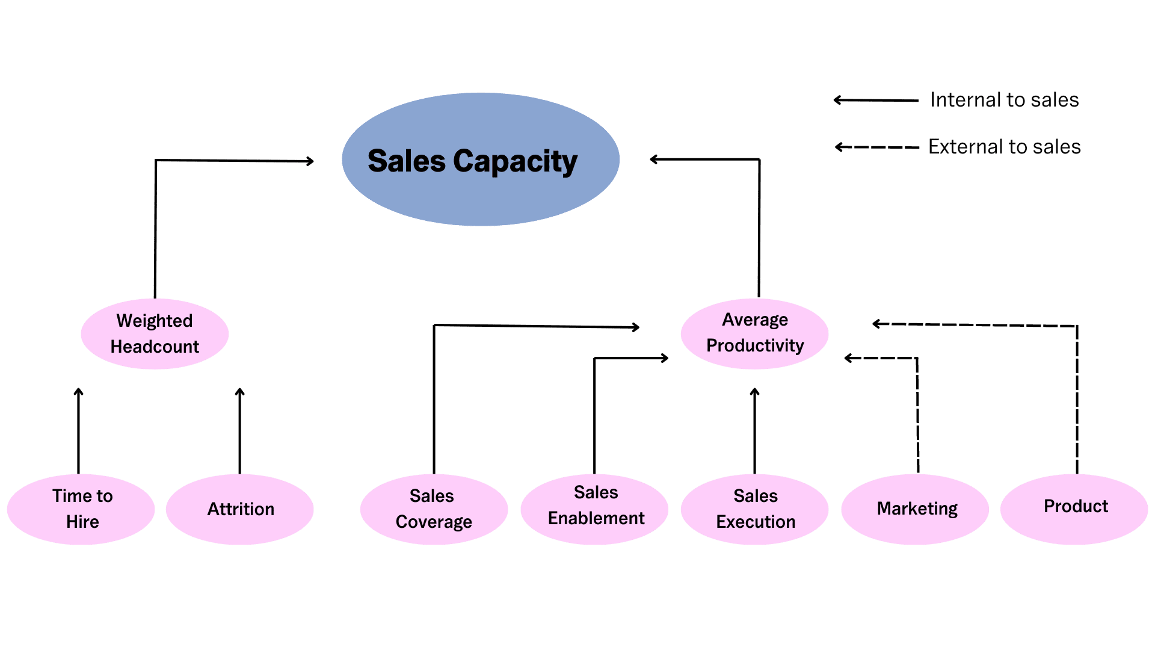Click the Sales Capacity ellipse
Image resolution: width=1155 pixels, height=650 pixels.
pyautogui.click(x=480, y=160)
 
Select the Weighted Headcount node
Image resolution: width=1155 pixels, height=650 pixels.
pyautogui.click(x=155, y=333)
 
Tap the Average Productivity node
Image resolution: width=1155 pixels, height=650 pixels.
pyautogui.click(x=754, y=333)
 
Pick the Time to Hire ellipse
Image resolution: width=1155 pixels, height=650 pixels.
pyautogui.click(x=81, y=509)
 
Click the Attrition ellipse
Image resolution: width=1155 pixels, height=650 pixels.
pyautogui.click(x=240, y=509)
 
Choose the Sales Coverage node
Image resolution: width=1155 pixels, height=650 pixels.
pyautogui.click(x=434, y=509)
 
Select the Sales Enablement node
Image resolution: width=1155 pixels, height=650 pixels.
pyautogui.click(x=594, y=509)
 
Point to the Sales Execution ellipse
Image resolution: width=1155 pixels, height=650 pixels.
pyautogui.click(x=754, y=509)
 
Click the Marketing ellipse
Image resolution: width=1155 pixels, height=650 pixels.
pyautogui.click(x=915, y=509)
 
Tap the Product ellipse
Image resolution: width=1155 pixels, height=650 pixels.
pyautogui.click(x=1074, y=509)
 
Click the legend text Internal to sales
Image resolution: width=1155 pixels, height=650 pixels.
pyautogui.click(x=1004, y=100)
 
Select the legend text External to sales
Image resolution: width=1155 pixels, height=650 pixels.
pyautogui.click(x=1004, y=147)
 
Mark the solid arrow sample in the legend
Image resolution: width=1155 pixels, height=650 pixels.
pyautogui.click(x=876, y=101)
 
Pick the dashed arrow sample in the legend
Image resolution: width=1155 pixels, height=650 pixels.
pyautogui.click(x=877, y=147)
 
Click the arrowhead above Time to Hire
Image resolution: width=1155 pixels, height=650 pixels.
pyautogui.click(x=78, y=392)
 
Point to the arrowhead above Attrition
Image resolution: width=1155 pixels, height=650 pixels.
pyautogui.click(x=239, y=392)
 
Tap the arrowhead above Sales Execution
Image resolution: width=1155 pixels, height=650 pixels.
pyautogui.click(x=754, y=392)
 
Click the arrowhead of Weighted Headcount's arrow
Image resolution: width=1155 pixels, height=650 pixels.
pyautogui.click(x=310, y=161)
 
